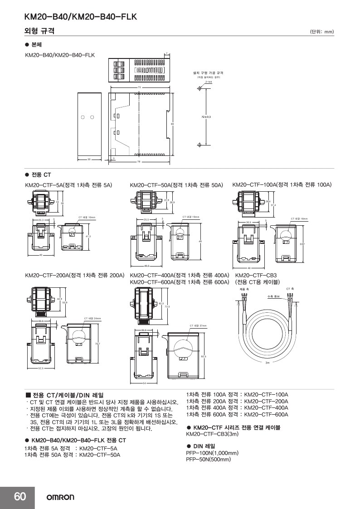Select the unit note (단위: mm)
pos(322,32)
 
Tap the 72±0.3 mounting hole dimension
pos(206,117)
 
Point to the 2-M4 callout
pos(209,82)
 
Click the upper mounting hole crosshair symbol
pos(199,88)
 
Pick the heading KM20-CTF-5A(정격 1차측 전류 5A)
pos(68,185)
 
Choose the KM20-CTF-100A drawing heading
pos(282,185)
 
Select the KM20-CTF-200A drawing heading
pos(74,275)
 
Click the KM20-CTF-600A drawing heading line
pos(180,282)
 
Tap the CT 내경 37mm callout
pos(198,326)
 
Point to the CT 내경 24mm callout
pos(92,319)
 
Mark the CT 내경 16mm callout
pos(299,219)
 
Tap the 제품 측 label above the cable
pos(244,289)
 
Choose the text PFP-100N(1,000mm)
pos(213,453)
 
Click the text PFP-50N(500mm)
pos(209,459)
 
